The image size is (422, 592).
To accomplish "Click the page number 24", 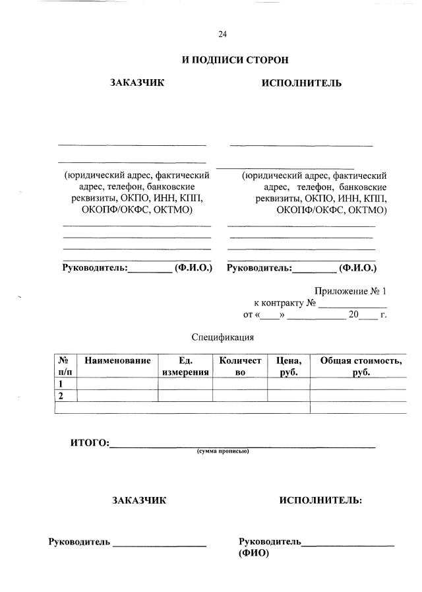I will coord(222,34).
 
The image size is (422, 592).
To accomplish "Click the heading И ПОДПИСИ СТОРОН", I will coord(235,60).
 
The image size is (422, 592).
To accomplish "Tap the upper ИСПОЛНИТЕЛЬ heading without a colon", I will coord(301,83).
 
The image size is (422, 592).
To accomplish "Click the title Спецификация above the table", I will coord(223,337).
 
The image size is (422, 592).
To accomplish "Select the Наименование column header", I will coord(117,361).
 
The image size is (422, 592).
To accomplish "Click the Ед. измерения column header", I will coord(185,366).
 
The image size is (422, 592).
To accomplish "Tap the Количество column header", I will coord(240,366).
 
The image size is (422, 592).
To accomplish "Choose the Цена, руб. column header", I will coord(289,366).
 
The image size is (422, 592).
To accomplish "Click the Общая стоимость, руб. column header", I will coord(361,366).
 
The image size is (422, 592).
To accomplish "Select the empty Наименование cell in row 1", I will coord(117,383).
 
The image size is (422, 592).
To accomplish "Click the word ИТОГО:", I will coord(90,442).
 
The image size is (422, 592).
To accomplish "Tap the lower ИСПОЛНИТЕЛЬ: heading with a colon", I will coord(320,500).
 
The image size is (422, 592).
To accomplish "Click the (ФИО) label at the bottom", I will coord(254,554).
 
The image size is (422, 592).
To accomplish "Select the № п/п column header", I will coord(65,366).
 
